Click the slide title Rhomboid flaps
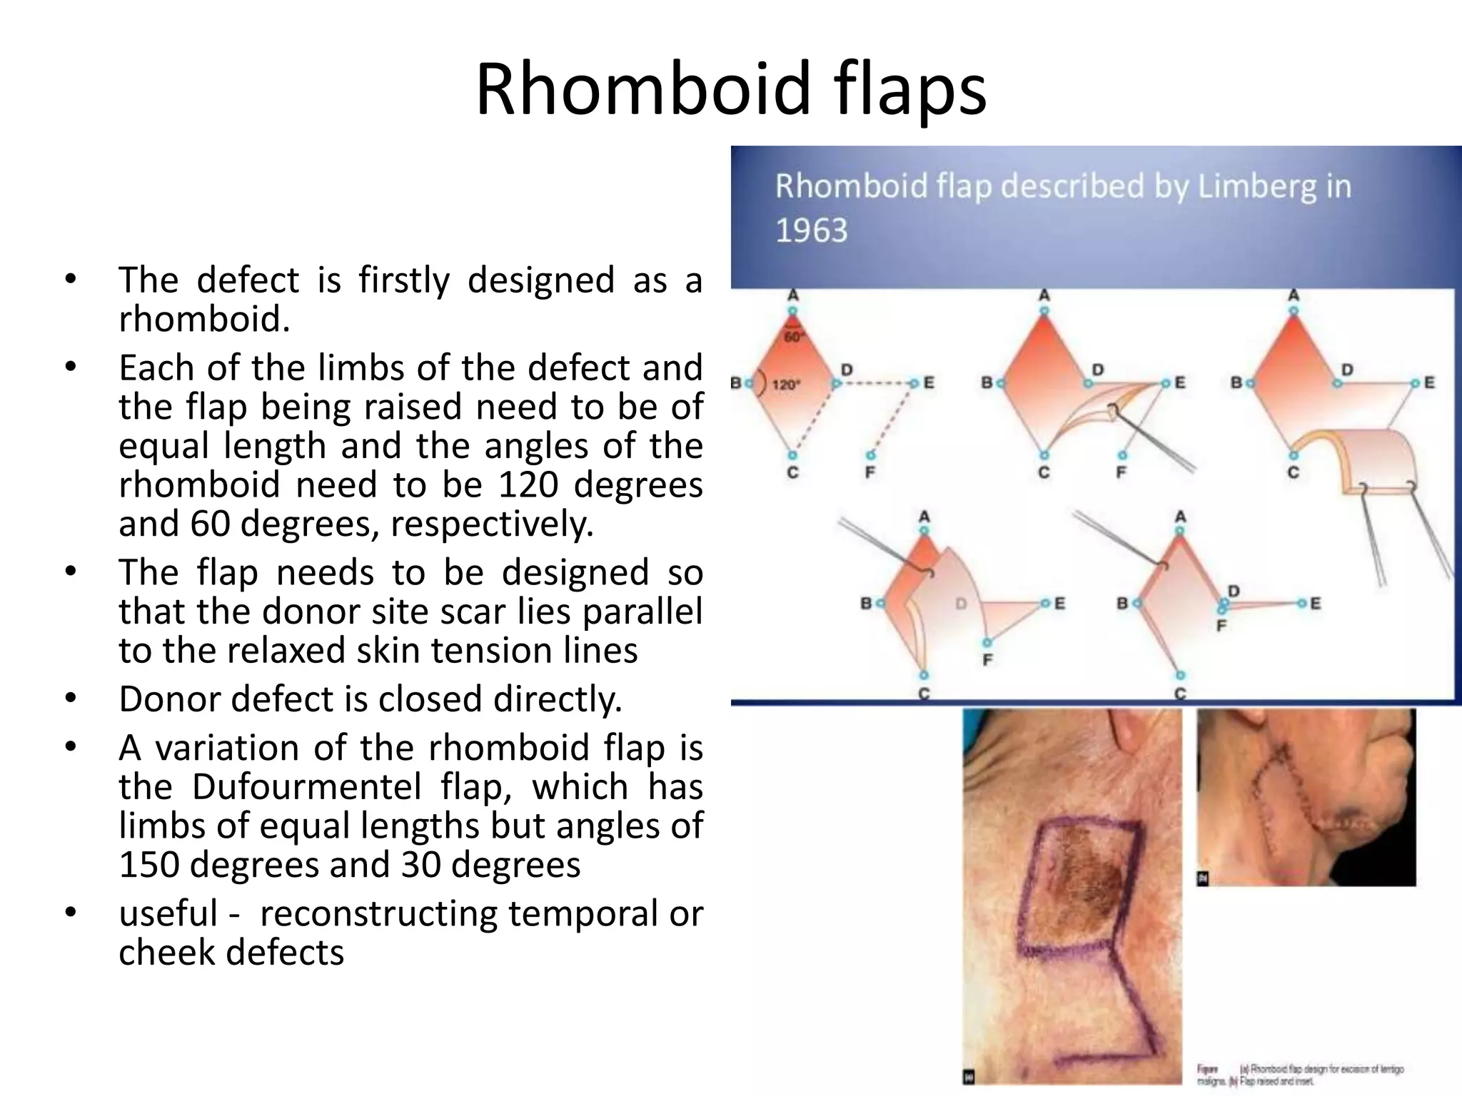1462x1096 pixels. click(x=731, y=90)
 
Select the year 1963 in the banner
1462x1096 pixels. click(x=811, y=230)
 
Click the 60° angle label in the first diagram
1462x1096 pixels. click(x=793, y=336)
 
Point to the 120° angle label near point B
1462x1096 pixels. click(x=784, y=385)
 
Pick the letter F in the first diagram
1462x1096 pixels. click(x=869, y=472)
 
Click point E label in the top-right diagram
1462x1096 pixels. click(x=1429, y=382)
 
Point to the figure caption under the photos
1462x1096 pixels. click(x=1299, y=1075)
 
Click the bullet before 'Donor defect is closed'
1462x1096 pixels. click(x=69, y=699)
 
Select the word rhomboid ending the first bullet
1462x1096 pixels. click(x=203, y=318)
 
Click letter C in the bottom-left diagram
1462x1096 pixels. click(x=924, y=693)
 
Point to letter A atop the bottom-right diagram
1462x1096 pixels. click(x=1180, y=516)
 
